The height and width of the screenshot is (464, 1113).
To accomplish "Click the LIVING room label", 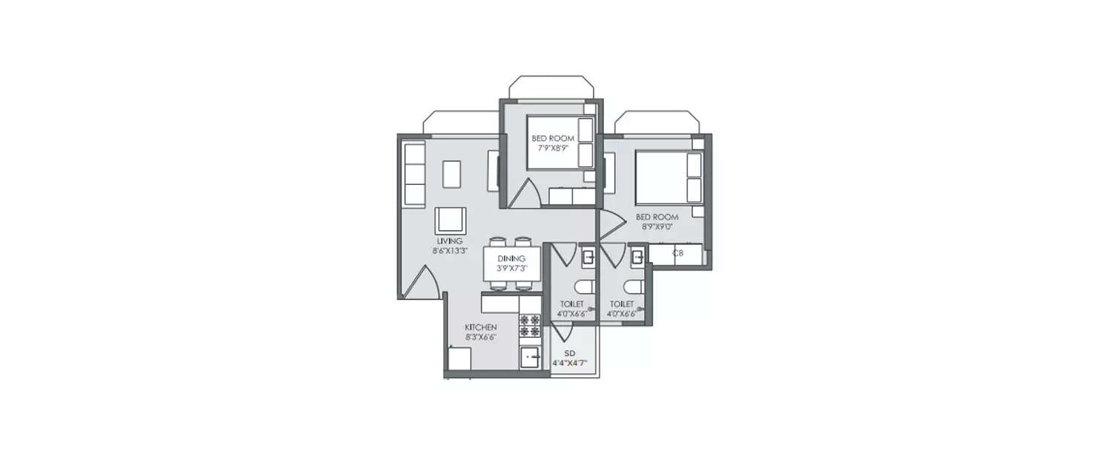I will (450, 241).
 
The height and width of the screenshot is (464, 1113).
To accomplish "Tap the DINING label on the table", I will (511, 258).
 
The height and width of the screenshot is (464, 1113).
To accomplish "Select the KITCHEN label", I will (480, 327).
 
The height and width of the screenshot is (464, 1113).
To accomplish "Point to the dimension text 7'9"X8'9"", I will (553, 148).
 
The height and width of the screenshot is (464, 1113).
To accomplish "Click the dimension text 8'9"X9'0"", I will (657, 226).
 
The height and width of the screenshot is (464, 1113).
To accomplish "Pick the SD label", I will (570, 353).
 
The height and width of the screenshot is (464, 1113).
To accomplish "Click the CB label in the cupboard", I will (677, 253).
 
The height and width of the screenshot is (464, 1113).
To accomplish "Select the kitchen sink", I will (530, 356).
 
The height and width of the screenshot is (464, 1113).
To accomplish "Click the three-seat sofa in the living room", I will (414, 174).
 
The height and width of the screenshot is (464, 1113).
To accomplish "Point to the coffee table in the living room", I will (452, 174).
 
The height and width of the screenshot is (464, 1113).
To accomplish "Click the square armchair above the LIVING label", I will (450, 220).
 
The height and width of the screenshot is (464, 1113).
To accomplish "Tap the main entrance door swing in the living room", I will (420, 282).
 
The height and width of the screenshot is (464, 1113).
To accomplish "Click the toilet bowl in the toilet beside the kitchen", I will (585, 287).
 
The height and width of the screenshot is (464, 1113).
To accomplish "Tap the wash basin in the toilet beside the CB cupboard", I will (637, 258).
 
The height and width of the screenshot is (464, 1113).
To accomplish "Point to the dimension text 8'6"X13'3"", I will (450, 250).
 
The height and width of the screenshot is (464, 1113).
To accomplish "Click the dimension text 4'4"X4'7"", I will (570, 364).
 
